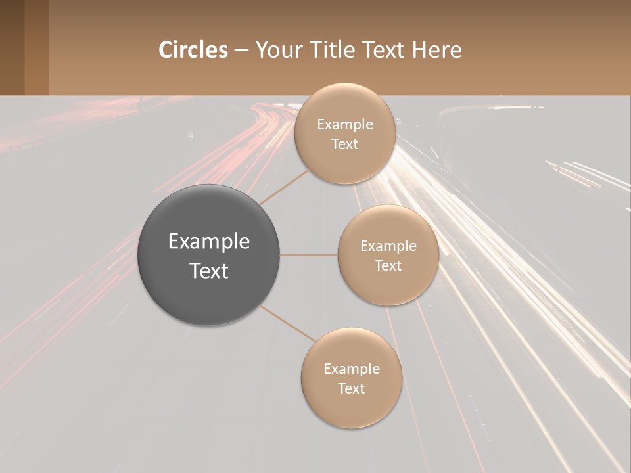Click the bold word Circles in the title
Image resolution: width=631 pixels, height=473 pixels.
pos(193,50)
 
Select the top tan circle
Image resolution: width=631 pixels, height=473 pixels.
pos(344,164)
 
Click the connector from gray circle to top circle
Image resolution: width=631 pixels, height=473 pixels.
pos(284,187)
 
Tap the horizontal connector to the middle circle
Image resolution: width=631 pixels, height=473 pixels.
pos(308,255)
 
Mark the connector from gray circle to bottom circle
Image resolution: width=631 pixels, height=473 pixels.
pos(287,323)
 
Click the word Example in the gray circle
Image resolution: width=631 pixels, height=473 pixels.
pos(209,242)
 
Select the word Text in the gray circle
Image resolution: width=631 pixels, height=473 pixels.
pos(209,271)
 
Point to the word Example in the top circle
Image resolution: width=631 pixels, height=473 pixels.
pos(344,125)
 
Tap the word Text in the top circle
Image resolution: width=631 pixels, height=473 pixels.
pos(344,145)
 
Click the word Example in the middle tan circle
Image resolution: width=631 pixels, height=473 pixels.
pos(388,246)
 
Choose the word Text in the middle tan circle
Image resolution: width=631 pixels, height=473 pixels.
pos(388,266)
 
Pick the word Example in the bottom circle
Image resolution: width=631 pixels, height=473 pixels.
pos(351,369)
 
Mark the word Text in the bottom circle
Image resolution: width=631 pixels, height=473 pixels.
pos(351,389)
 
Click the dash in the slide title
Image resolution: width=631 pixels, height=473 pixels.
pos(241,51)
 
